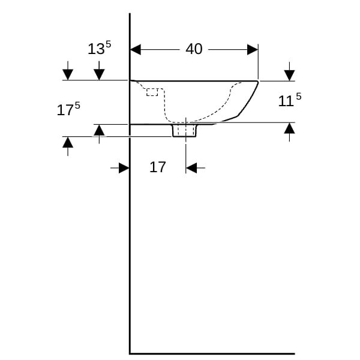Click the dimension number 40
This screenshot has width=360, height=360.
pyautogui.click(x=194, y=49)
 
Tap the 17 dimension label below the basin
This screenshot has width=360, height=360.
pyautogui.click(x=157, y=167)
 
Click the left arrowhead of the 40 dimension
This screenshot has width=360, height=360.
pyautogui.click(x=136, y=50)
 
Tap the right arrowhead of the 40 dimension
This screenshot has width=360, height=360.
pyautogui.click(x=253, y=50)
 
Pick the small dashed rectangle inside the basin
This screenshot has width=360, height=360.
pyautogui.click(x=152, y=92)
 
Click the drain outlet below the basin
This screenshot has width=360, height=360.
pyautogui.click(x=184, y=130)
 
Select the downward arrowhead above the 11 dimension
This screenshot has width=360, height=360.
pyautogui.click(x=289, y=76)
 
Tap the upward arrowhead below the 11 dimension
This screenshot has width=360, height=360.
pyautogui.click(x=289, y=128)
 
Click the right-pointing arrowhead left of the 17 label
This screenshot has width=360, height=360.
pyautogui.click(x=124, y=168)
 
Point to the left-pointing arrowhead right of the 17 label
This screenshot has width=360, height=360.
pyautogui.click(x=191, y=168)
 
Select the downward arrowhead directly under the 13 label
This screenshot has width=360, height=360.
pyautogui.click(x=99, y=74)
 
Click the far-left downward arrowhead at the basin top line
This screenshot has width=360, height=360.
pyautogui.click(x=68, y=74)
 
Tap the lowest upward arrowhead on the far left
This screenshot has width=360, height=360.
pyautogui.click(x=68, y=142)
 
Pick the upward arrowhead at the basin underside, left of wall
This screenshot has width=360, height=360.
pyautogui.click(x=99, y=130)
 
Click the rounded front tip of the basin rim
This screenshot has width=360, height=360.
pyautogui.click(x=258, y=82)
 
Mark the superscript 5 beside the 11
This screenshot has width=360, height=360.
pyautogui.click(x=298, y=97)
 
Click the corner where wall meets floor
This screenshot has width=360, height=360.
pyautogui.click(x=130, y=353)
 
